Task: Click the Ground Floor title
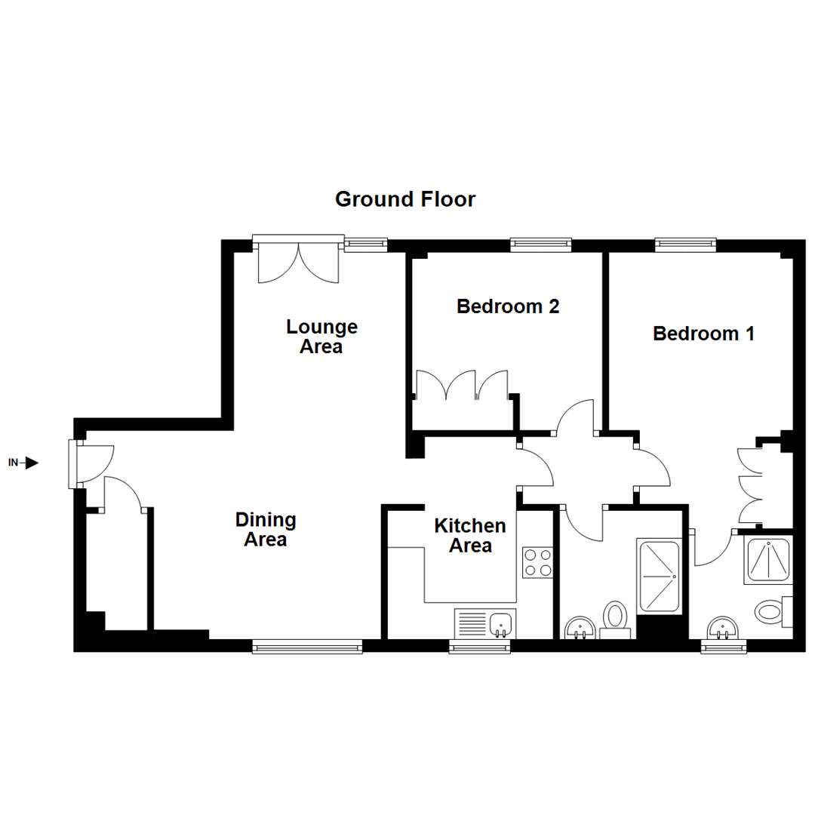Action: click(x=405, y=200)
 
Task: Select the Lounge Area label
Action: click(x=321, y=337)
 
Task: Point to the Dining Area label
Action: click(x=266, y=529)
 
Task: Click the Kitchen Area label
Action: click(x=470, y=535)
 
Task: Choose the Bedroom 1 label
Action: click(x=703, y=333)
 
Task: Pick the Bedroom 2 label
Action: click(x=508, y=307)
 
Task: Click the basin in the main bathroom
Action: click(x=579, y=628)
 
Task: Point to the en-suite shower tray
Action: click(x=767, y=560)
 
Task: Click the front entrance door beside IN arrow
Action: click(x=75, y=463)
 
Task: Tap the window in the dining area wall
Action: click(x=306, y=646)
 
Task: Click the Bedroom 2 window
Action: click(x=540, y=244)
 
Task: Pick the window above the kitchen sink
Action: click(x=479, y=646)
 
